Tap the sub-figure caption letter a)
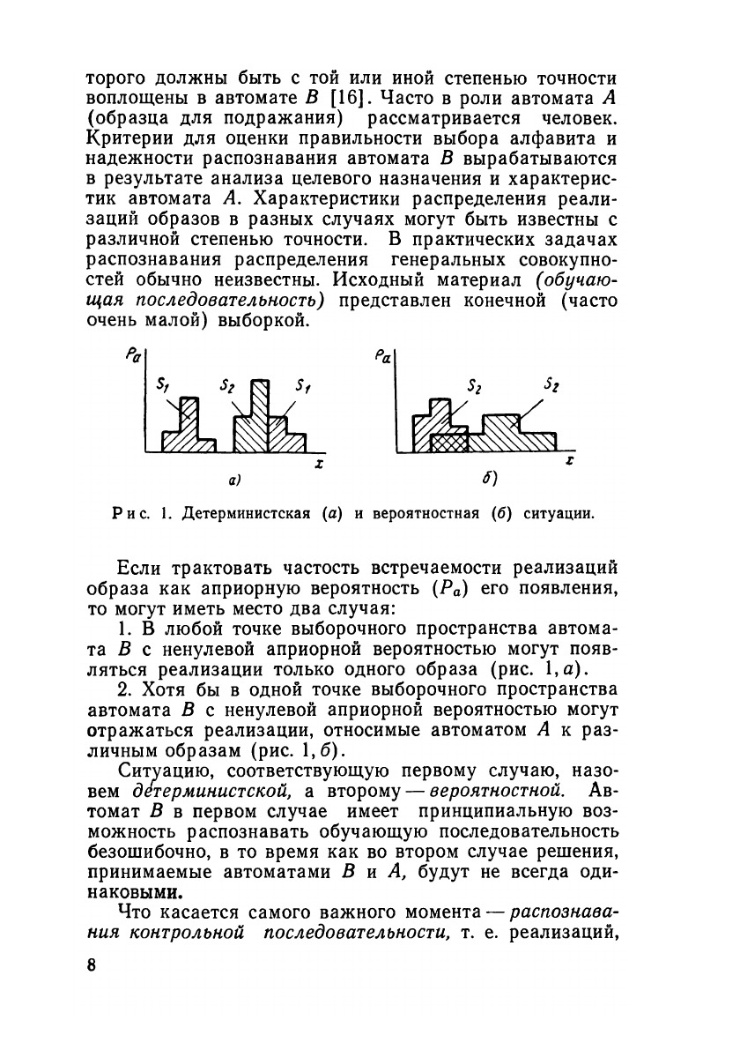click(x=234, y=482)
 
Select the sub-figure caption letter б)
click(x=490, y=481)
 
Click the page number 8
click(x=92, y=964)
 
